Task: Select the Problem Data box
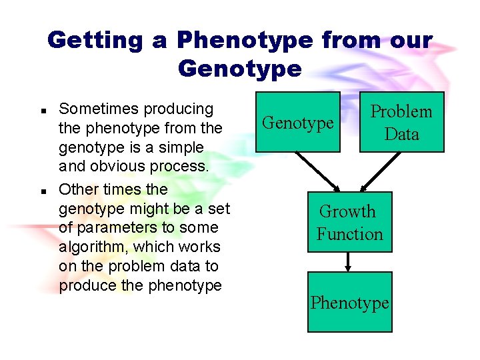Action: click(401, 122)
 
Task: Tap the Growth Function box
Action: click(349, 222)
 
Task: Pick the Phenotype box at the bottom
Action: click(349, 302)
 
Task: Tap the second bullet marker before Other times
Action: click(42, 191)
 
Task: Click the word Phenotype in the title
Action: click(245, 40)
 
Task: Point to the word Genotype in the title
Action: click(240, 68)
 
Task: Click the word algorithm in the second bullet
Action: click(93, 247)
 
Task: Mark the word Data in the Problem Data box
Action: click(401, 134)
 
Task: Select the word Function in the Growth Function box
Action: click(349, 234)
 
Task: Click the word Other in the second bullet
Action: click(75, 189)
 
